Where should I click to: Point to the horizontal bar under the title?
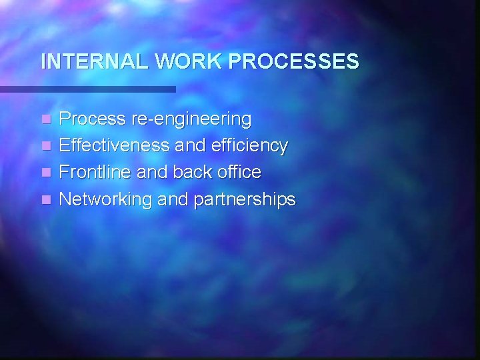pos(87,89)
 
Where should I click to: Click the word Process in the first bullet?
pos(93,119)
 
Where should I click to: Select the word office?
pos(240,172)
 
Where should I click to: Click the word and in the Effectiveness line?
pos(192,145)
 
